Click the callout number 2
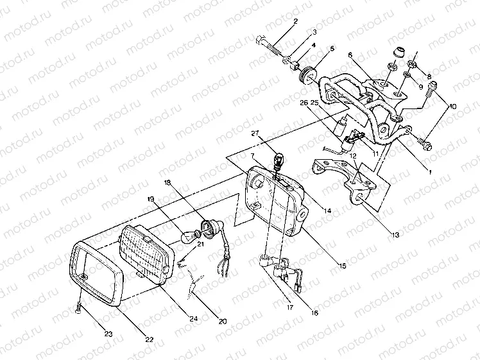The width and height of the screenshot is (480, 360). (x=295, y=21)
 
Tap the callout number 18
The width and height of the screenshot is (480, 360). (x=167, y=183)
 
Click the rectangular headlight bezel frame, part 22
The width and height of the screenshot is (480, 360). (x=96, y=276)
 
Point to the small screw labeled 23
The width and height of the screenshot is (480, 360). (x=78, y=309)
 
